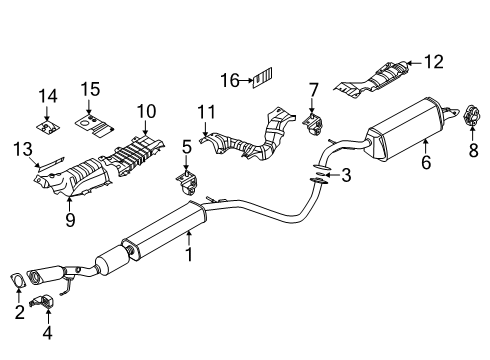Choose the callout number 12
click(433, 63)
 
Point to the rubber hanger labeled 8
click(465, 121)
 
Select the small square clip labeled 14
click(45, 126)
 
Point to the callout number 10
click(147, 110)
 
